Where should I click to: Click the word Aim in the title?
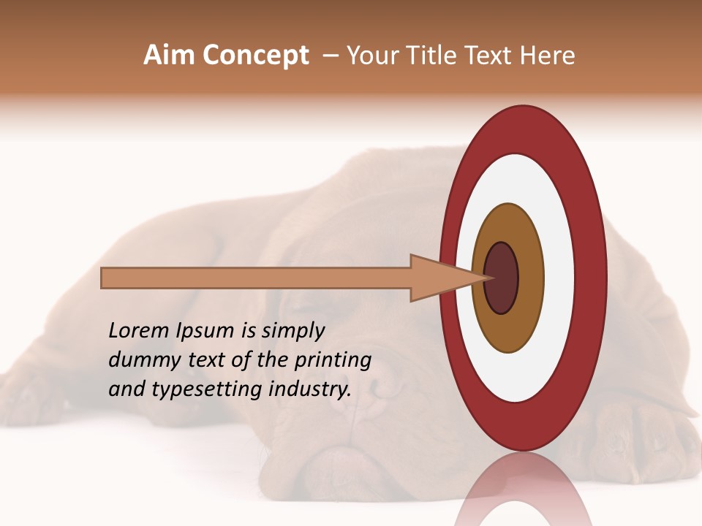[x=169, y=56]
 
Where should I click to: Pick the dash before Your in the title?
[x=330, y=56]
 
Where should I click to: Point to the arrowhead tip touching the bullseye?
[x=486, y=278]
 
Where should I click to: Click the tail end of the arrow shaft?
[x=104, y=278]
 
